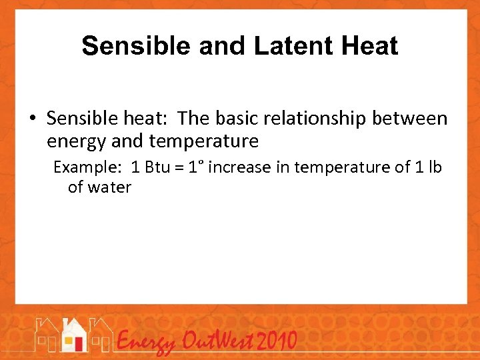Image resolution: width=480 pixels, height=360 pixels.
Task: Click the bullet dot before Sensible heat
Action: (33, 119)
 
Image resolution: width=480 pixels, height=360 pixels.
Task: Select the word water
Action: (109, 187)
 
